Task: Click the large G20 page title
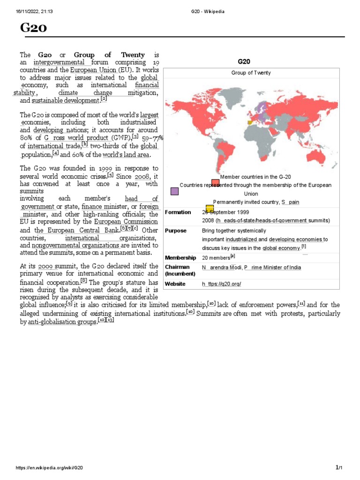click(x=33, y=29)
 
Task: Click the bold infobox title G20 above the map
click(x=244, y=61)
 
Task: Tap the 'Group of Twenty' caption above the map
click(x=251, y=73)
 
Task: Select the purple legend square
click(x=174, y=191)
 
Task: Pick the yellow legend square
click(x=210, y=208)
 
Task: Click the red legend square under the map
click(x=215, y=183)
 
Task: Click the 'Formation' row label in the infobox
click(x=178, y=212)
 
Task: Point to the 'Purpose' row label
click(x=175, y=231)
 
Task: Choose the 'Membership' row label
click(x=180, y=258)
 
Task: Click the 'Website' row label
click(x=175, y=284)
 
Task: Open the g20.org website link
click(x=221, y=284)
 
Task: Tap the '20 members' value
click(x=216, y=258)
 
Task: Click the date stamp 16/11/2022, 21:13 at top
click(x=34, y=11)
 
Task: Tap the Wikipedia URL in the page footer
click(x=50, y=468)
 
